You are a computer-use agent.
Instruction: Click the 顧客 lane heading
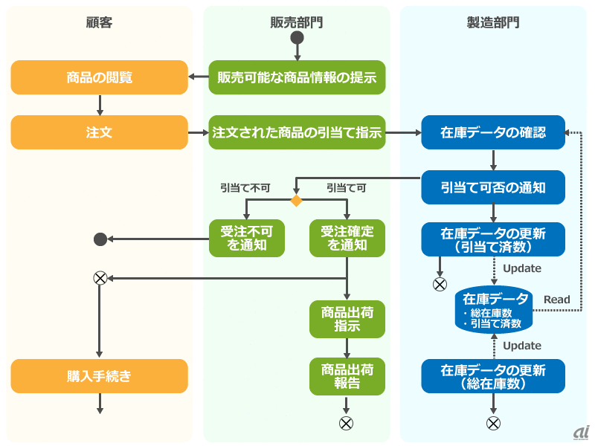(100, 22)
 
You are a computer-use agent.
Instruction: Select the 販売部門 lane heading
(297, 22)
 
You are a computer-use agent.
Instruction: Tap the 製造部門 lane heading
(493, 22)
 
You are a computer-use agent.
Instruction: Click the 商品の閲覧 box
(100, 77)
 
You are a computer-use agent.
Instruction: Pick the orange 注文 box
(100, 132)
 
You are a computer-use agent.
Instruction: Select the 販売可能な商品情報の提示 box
(297, 77)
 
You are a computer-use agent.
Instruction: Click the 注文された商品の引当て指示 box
(297, 132)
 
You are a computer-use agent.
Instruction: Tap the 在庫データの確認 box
(493, 132)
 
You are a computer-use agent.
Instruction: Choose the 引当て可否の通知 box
(493, 187)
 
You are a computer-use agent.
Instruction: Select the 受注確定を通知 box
(347, 239)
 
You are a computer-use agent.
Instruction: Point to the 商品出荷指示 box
(347, 319)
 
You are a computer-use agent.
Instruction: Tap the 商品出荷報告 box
(347, 375)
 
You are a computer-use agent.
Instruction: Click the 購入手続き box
(100, 376)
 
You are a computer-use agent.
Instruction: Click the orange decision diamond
(296, 201)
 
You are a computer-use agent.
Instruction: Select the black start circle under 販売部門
(297, 38)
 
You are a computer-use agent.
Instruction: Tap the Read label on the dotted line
(556, 300)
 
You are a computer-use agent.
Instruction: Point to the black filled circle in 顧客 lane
(100, 239)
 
